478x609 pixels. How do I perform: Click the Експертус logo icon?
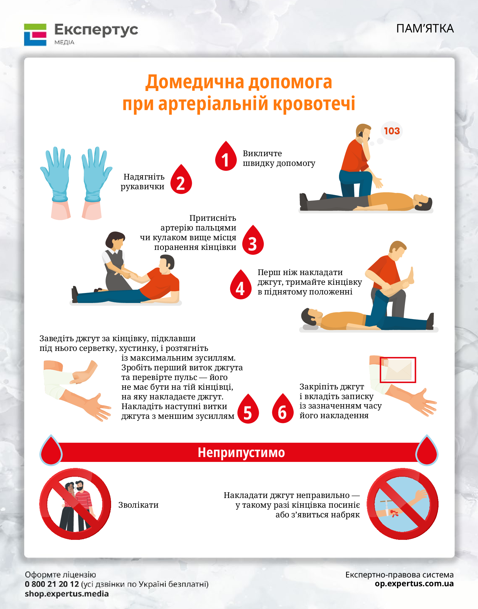(x=35, y=35)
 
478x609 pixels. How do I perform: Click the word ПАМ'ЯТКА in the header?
(x=425, y=29)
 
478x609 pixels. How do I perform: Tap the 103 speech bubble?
(x=392, y=131)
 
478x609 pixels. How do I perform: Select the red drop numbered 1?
(x=226, y=156)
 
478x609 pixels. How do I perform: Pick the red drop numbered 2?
(x=181, y=179)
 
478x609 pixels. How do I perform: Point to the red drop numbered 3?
(x=253, y=240)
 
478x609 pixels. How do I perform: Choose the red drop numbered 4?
(x=241, y=284)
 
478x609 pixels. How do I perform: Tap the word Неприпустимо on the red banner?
(x=241, y=453)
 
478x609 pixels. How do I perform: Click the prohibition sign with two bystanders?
(x=75, y=504)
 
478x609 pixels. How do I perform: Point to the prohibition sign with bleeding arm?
(x=402, y=504)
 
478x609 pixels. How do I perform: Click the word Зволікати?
(x=138, y=505)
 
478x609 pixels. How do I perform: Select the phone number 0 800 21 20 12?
(x=52, y=584)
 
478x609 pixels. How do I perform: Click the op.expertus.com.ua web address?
(x=414, y=584)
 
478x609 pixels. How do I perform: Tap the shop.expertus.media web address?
(x=67, y=594)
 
